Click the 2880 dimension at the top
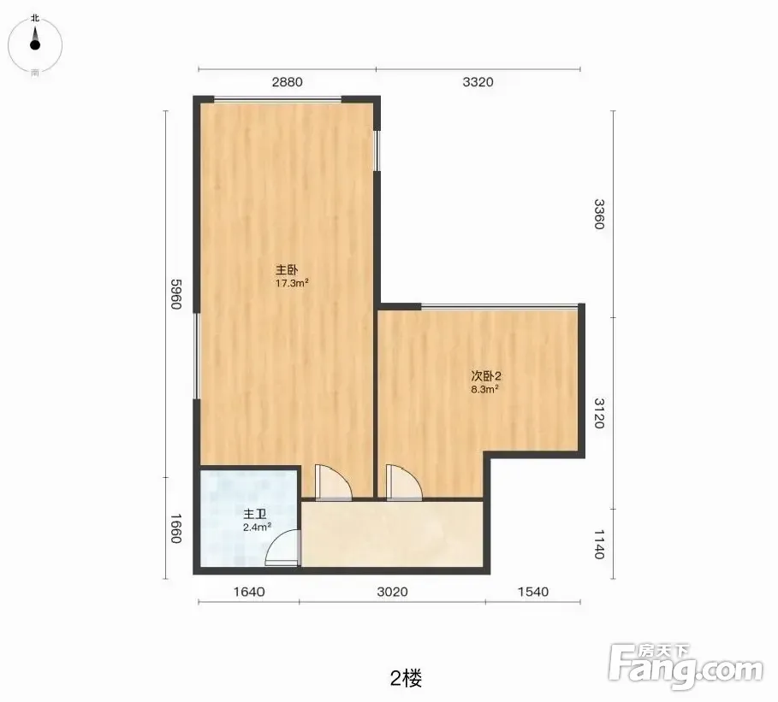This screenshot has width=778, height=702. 287,82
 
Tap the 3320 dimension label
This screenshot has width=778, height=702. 478,82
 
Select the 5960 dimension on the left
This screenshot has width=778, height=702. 176,294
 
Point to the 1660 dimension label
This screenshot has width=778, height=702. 176,528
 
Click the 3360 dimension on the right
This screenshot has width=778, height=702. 599,214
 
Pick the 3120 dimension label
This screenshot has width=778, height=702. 599,413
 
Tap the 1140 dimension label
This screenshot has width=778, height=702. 599,544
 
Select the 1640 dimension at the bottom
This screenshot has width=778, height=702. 249,592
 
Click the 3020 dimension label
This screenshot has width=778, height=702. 392,592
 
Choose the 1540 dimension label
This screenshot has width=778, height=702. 533,592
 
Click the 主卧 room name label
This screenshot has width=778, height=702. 287,270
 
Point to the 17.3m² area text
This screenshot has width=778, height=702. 292,284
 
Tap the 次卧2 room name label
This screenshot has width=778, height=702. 486,375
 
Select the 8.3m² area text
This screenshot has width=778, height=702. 484,389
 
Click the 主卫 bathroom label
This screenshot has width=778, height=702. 254,514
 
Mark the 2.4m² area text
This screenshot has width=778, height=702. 257,527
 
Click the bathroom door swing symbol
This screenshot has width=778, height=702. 282,548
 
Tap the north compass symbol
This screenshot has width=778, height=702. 35,44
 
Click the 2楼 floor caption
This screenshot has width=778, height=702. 407,678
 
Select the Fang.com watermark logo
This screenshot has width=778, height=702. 686,666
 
